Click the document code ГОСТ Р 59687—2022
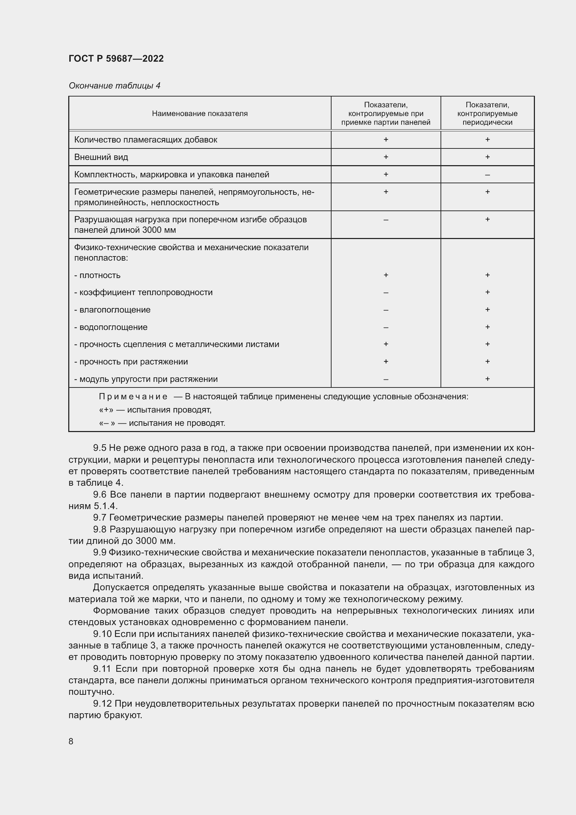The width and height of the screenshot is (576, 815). (x=116, y=59)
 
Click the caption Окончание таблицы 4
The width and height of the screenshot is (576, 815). (x=114, y=86)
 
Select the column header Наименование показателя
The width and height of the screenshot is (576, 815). (x=200, y=114)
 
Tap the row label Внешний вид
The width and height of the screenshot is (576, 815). (x=101, y=157)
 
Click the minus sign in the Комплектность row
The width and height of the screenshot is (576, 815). (x=487, y=175)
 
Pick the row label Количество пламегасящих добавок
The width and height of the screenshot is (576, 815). (x=146, y=139)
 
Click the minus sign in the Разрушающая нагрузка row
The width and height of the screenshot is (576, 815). (x=386, y=220)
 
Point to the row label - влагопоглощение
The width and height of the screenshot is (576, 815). (x=112, y=309)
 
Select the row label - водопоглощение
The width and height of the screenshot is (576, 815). (x=111, y=327)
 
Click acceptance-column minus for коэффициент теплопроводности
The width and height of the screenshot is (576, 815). (x=386, y=293)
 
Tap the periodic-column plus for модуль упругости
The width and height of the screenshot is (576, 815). (x=487, y=379)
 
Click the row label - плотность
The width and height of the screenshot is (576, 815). (x=97, y=275)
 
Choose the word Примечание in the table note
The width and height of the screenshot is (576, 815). (x=133, y=397)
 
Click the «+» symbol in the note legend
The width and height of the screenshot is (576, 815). (x=106, y=410)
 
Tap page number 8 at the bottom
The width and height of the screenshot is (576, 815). (x=71, y=741)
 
